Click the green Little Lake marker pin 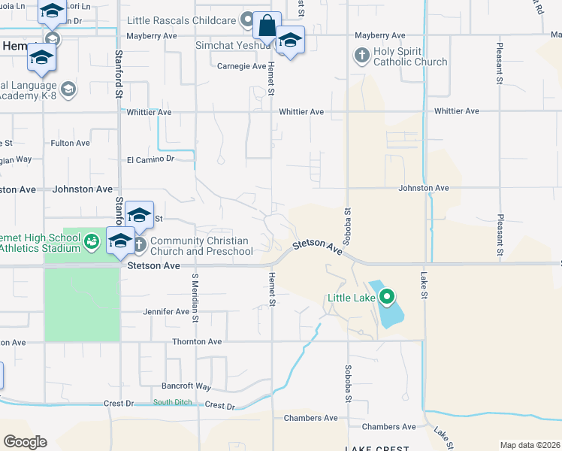(387, 296)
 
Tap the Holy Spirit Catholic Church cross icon (361, 55)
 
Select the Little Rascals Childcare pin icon (247, 20)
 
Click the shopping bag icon (267, 26)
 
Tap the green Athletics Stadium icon (91, 241)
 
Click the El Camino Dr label (150, 159)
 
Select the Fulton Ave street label (70, 143)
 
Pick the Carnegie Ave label (239, 65)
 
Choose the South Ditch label (173, 403)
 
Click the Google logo (25, 442)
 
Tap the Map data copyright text (529, 445)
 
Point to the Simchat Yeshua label (233, 45)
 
